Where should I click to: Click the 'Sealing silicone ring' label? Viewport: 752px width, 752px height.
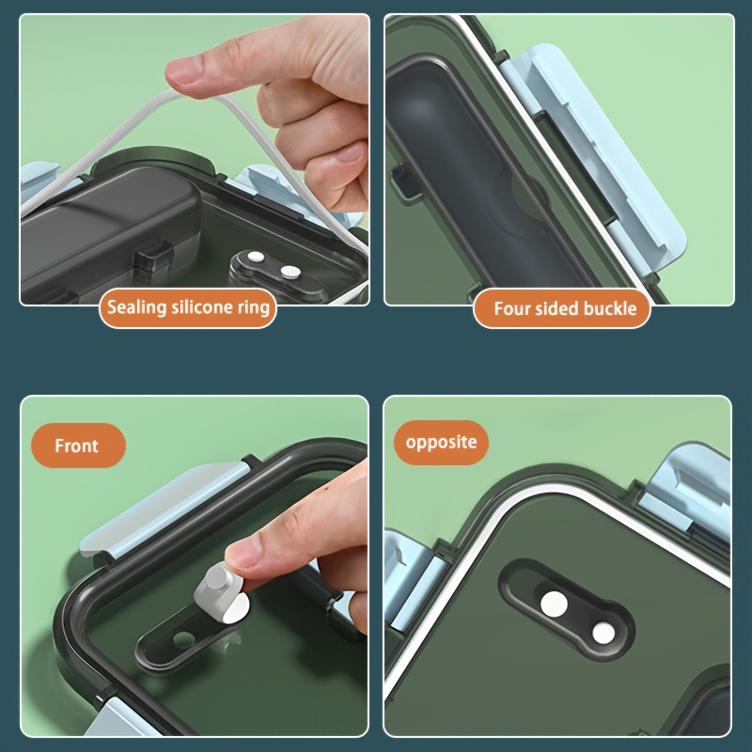pos(187,307)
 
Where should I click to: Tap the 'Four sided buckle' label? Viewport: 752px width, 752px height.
pos(561,308)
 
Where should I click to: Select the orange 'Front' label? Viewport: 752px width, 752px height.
pos(78,446)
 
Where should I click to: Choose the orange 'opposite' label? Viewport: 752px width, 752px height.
pos(441,442)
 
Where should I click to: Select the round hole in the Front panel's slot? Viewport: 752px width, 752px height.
pos(183,638)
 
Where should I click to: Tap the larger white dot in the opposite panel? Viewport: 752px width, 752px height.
pos(554,604)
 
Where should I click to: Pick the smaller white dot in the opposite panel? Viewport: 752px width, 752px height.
pos(603,634)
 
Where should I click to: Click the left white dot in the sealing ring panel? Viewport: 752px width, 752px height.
pos(256,257)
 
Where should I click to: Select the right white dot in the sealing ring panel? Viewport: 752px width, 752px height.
pos(290,272)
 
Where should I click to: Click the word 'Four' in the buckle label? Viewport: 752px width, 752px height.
pos(511,308)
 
